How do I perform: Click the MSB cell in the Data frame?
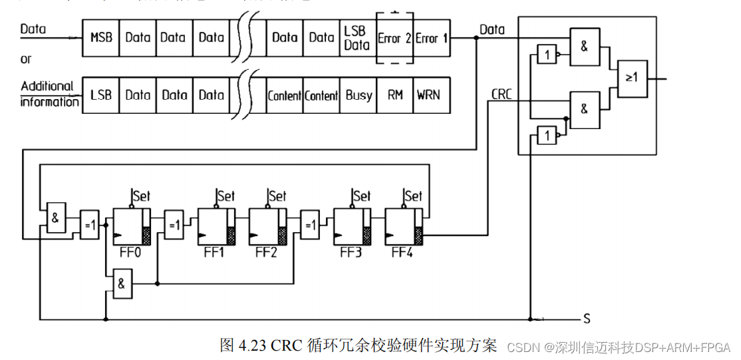(x=100, y=37)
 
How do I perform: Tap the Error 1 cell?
(x=431, y=38)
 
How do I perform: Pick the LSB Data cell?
(x=357, y=38)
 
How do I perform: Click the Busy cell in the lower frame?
(x=359, y=95)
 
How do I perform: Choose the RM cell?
(x=395, y=95)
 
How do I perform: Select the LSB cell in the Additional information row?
(x=100, y=95)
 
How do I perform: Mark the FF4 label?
(x=402, y=254)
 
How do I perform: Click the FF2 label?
(x=265, y=254)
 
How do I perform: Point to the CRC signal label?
(x=501, y=94)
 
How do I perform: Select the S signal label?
(x=587, y=319)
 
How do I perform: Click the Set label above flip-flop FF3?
(x=362, y=196)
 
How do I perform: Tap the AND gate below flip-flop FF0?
(x=122, y=283)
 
